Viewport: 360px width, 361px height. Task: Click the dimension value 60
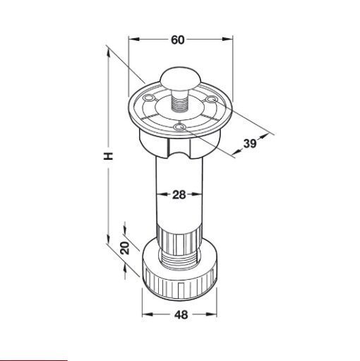tap(178, 40)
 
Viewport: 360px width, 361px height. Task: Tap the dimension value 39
tap(250, 143)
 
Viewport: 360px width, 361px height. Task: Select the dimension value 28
tap(179, 195)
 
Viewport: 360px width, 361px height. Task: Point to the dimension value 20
tap(125, 248)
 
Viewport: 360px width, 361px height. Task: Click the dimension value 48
tap(181, 314)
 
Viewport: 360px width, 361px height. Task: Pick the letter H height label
tap(109, 156)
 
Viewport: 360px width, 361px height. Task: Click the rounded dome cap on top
tap(180, 78)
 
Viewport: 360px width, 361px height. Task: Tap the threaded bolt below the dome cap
tap(180, 101)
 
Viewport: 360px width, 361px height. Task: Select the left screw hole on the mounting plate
tap(149, 97)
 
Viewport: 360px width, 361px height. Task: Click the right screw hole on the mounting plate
tap(212, 99)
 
